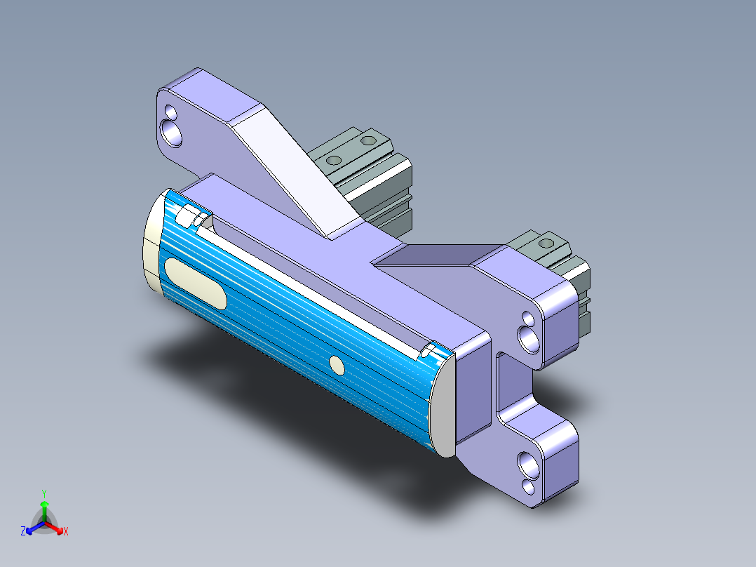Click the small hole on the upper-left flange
tap(170, 111)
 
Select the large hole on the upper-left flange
tap(172, 131)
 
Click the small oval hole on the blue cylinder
tap(337, 365)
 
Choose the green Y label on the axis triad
tap(43, 493)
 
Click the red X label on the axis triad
tap(66, 531)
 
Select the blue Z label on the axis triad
tap(23, 531)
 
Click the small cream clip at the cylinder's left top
tap(188, 216)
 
